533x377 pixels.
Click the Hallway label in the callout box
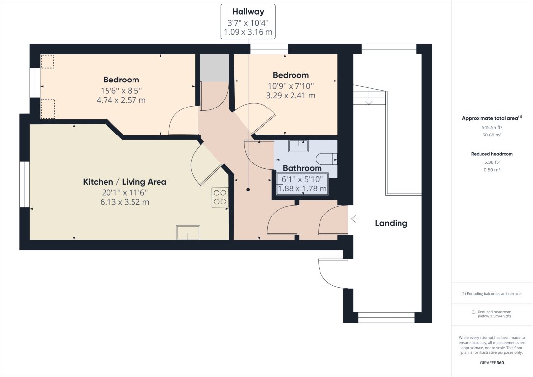248,12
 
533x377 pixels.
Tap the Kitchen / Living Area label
125,182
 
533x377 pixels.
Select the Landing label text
391,223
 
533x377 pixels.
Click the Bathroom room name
302,168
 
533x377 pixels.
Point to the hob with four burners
220,197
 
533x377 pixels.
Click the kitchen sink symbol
188,232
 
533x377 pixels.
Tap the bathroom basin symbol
298,145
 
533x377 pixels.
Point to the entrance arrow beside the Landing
354,219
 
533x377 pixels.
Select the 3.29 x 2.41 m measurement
291,96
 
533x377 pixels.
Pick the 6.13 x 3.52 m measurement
125,202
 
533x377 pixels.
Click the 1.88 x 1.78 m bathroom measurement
302,188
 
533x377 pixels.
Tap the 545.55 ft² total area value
492,127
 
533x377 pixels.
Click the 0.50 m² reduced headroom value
492,170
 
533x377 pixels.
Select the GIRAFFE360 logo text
492,363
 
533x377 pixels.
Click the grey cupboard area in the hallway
214,68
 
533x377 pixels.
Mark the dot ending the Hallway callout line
249,189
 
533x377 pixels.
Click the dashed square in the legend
473,312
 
